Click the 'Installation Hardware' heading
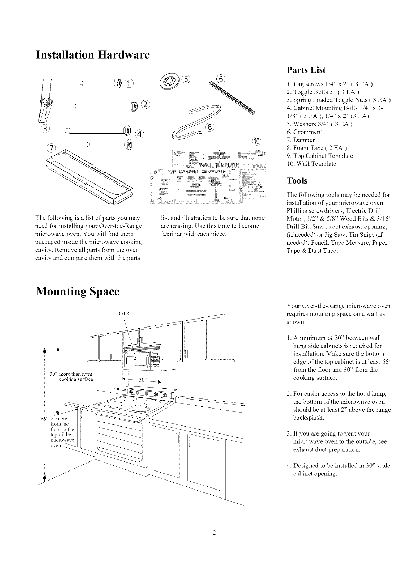93,55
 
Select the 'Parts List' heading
306,70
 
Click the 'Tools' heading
297,181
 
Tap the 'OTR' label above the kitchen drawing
124,314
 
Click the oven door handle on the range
119,416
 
